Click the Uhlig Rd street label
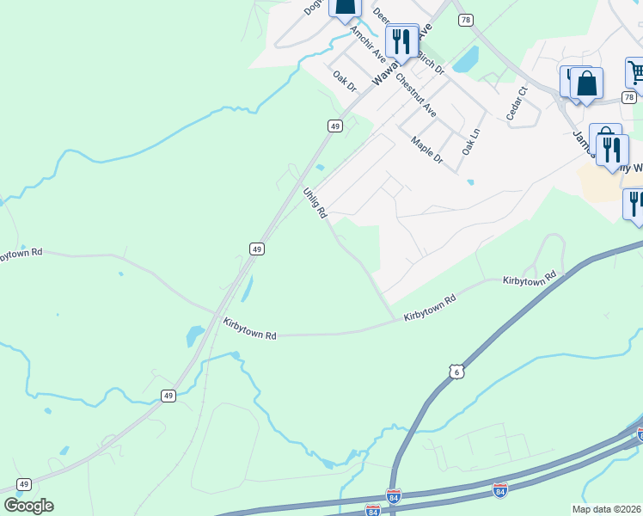pyautogui.click(x=315, y=203)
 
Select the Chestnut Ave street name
pyautogui.click(x=416, y=95)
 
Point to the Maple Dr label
pyautogui.click(x=426, y=150)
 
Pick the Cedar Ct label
pyautogui.click(x=516, y=103)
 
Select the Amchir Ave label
pyautogui.click(x=367, y=41)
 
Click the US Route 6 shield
pyautogui.click(x=456, y=370)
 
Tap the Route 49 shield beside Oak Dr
pyautogui.click(x=335, y=126)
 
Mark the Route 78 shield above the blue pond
pyautogui.click(x=465, y=20)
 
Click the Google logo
pyautogui.click(x=28, y=506)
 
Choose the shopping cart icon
pyautogui.click(x=635, y=73)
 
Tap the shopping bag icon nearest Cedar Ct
pyautogui.click(x=586, y=84)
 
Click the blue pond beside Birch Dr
pyautogui.click(x=466, y=58)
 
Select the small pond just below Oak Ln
pyautogui.click(x=470, y=181)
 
